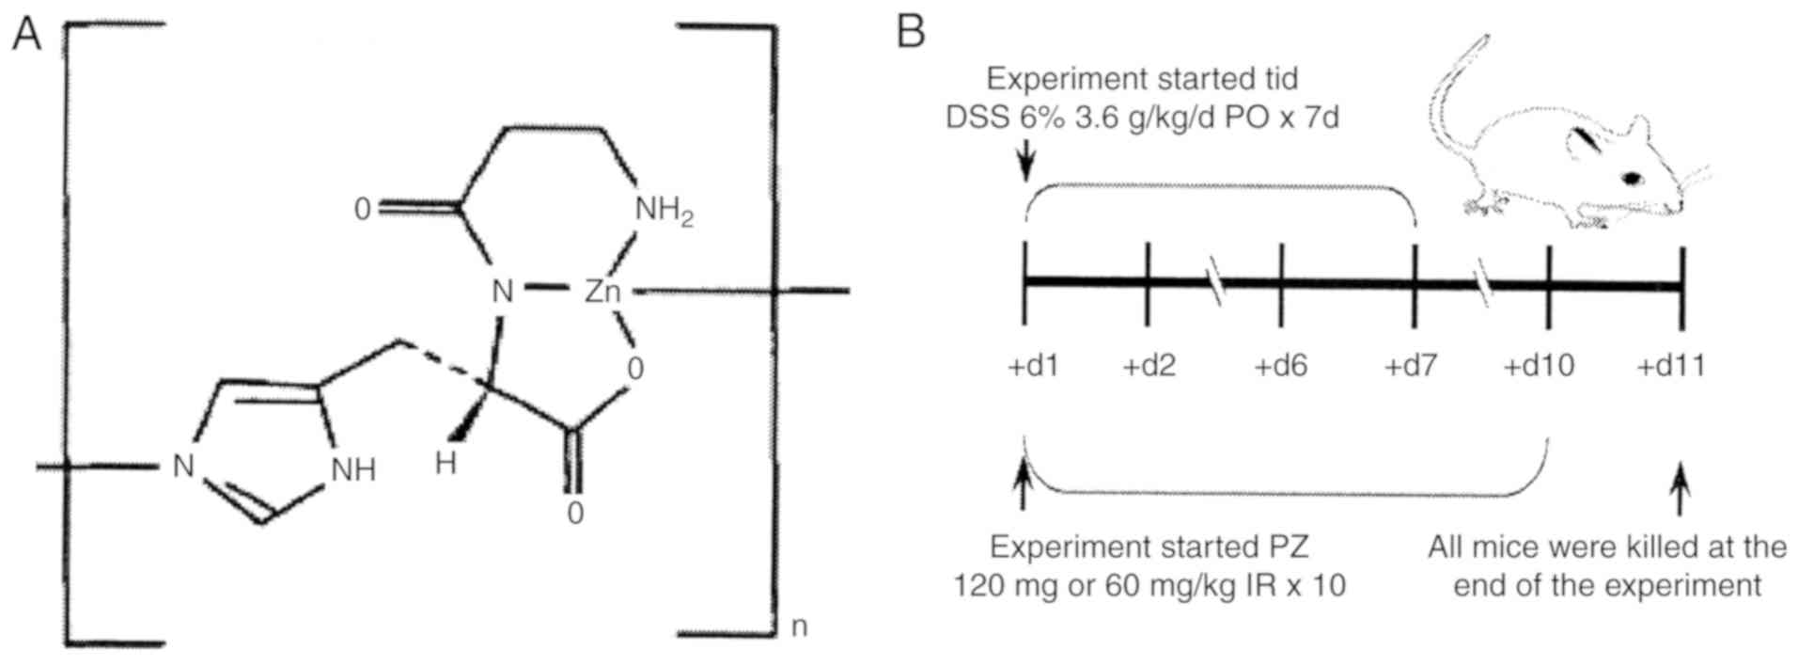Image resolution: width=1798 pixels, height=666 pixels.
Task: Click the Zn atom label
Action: point(602,292)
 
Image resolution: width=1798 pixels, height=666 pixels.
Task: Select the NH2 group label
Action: point(664,211)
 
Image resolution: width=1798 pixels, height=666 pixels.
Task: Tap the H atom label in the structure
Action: point(446,464)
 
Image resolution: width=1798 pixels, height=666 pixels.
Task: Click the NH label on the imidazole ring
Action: point(353,469)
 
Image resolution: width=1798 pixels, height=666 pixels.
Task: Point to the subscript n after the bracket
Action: point(799,626)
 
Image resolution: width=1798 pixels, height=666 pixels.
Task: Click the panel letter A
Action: point(26,35)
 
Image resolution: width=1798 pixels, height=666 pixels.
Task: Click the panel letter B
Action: point(911,33)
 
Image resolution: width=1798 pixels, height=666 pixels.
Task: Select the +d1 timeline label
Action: point(1033,365)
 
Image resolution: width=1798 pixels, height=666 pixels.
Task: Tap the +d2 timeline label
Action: point(1149,365)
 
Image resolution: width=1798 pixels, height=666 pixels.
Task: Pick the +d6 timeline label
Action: point(1281,365)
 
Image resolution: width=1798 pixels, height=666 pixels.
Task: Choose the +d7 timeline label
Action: point(1411,365)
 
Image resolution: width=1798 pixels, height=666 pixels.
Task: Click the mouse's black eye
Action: point(1633,177)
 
